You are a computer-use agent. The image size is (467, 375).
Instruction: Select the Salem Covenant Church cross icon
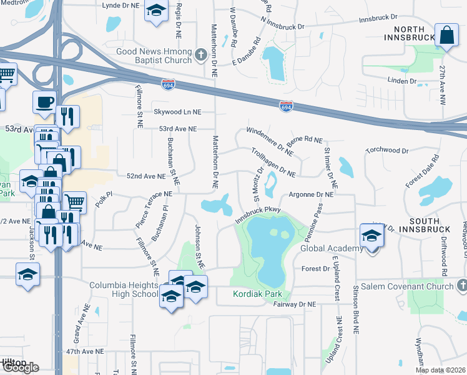[462, 286]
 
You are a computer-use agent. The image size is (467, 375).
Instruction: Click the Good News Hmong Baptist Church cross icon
[200, 54]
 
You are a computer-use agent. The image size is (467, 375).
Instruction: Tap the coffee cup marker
[44, 102]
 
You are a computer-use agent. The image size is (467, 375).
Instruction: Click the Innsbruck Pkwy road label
[259, 214]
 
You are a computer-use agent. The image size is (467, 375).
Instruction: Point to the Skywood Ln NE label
[179, 112]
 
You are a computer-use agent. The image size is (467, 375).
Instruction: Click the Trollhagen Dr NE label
[273, 161]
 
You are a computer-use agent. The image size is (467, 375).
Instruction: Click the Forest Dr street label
[315, 269]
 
